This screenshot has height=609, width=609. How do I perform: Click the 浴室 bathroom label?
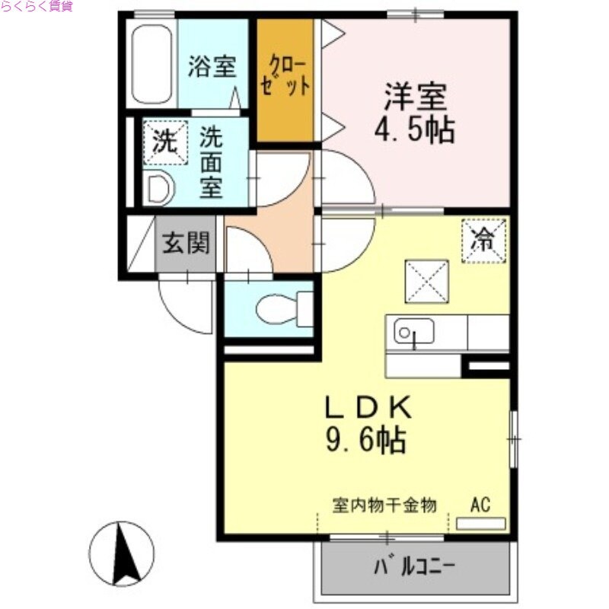[x=212, y=67]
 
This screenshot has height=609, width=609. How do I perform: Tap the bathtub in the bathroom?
[x=153, y=65]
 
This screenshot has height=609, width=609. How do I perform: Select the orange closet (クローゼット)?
[x=285, y=80]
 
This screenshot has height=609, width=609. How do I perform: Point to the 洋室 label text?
[x=415, y=97]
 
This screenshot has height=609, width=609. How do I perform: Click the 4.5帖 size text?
[x=414, y=130]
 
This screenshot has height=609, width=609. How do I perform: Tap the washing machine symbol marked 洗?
[x=164, y=142]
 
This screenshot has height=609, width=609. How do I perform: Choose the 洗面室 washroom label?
[x=211, y=162]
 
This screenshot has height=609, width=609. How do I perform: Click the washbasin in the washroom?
[x=158, y=189]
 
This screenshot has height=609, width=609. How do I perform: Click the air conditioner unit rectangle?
[x=480, y=524]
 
